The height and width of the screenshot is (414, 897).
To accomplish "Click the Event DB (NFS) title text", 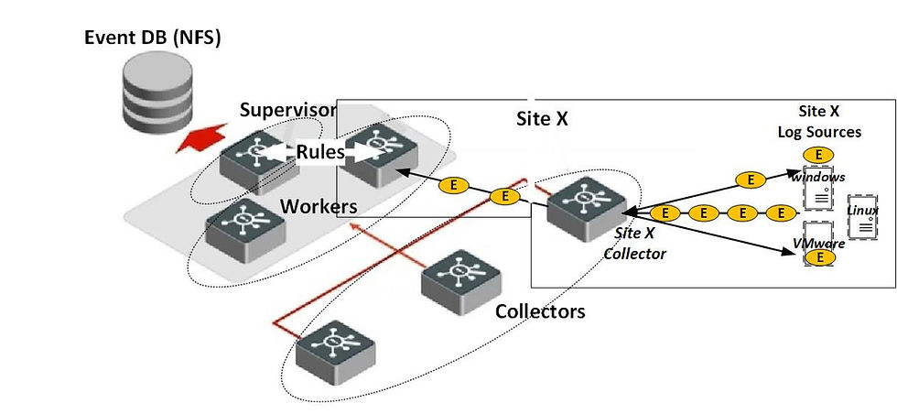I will click(x=153, y=38).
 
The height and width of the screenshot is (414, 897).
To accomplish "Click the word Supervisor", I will click(x=288, y=111).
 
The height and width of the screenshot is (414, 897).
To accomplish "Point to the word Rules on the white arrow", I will click(x=319, y=151).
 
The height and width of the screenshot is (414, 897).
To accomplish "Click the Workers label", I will click(x=318, y=206).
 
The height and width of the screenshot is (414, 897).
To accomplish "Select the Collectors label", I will click(x=539, y=311).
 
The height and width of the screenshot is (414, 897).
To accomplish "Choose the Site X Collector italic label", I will click(x=633, y=244).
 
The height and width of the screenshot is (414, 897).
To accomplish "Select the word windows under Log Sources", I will click(x=819, y=176).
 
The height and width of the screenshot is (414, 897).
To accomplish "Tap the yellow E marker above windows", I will click(x=817, y=154).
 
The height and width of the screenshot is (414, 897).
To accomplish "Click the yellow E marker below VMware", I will click(x=820, y=257).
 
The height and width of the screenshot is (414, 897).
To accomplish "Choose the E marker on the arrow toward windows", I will click(x=751, y=180).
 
